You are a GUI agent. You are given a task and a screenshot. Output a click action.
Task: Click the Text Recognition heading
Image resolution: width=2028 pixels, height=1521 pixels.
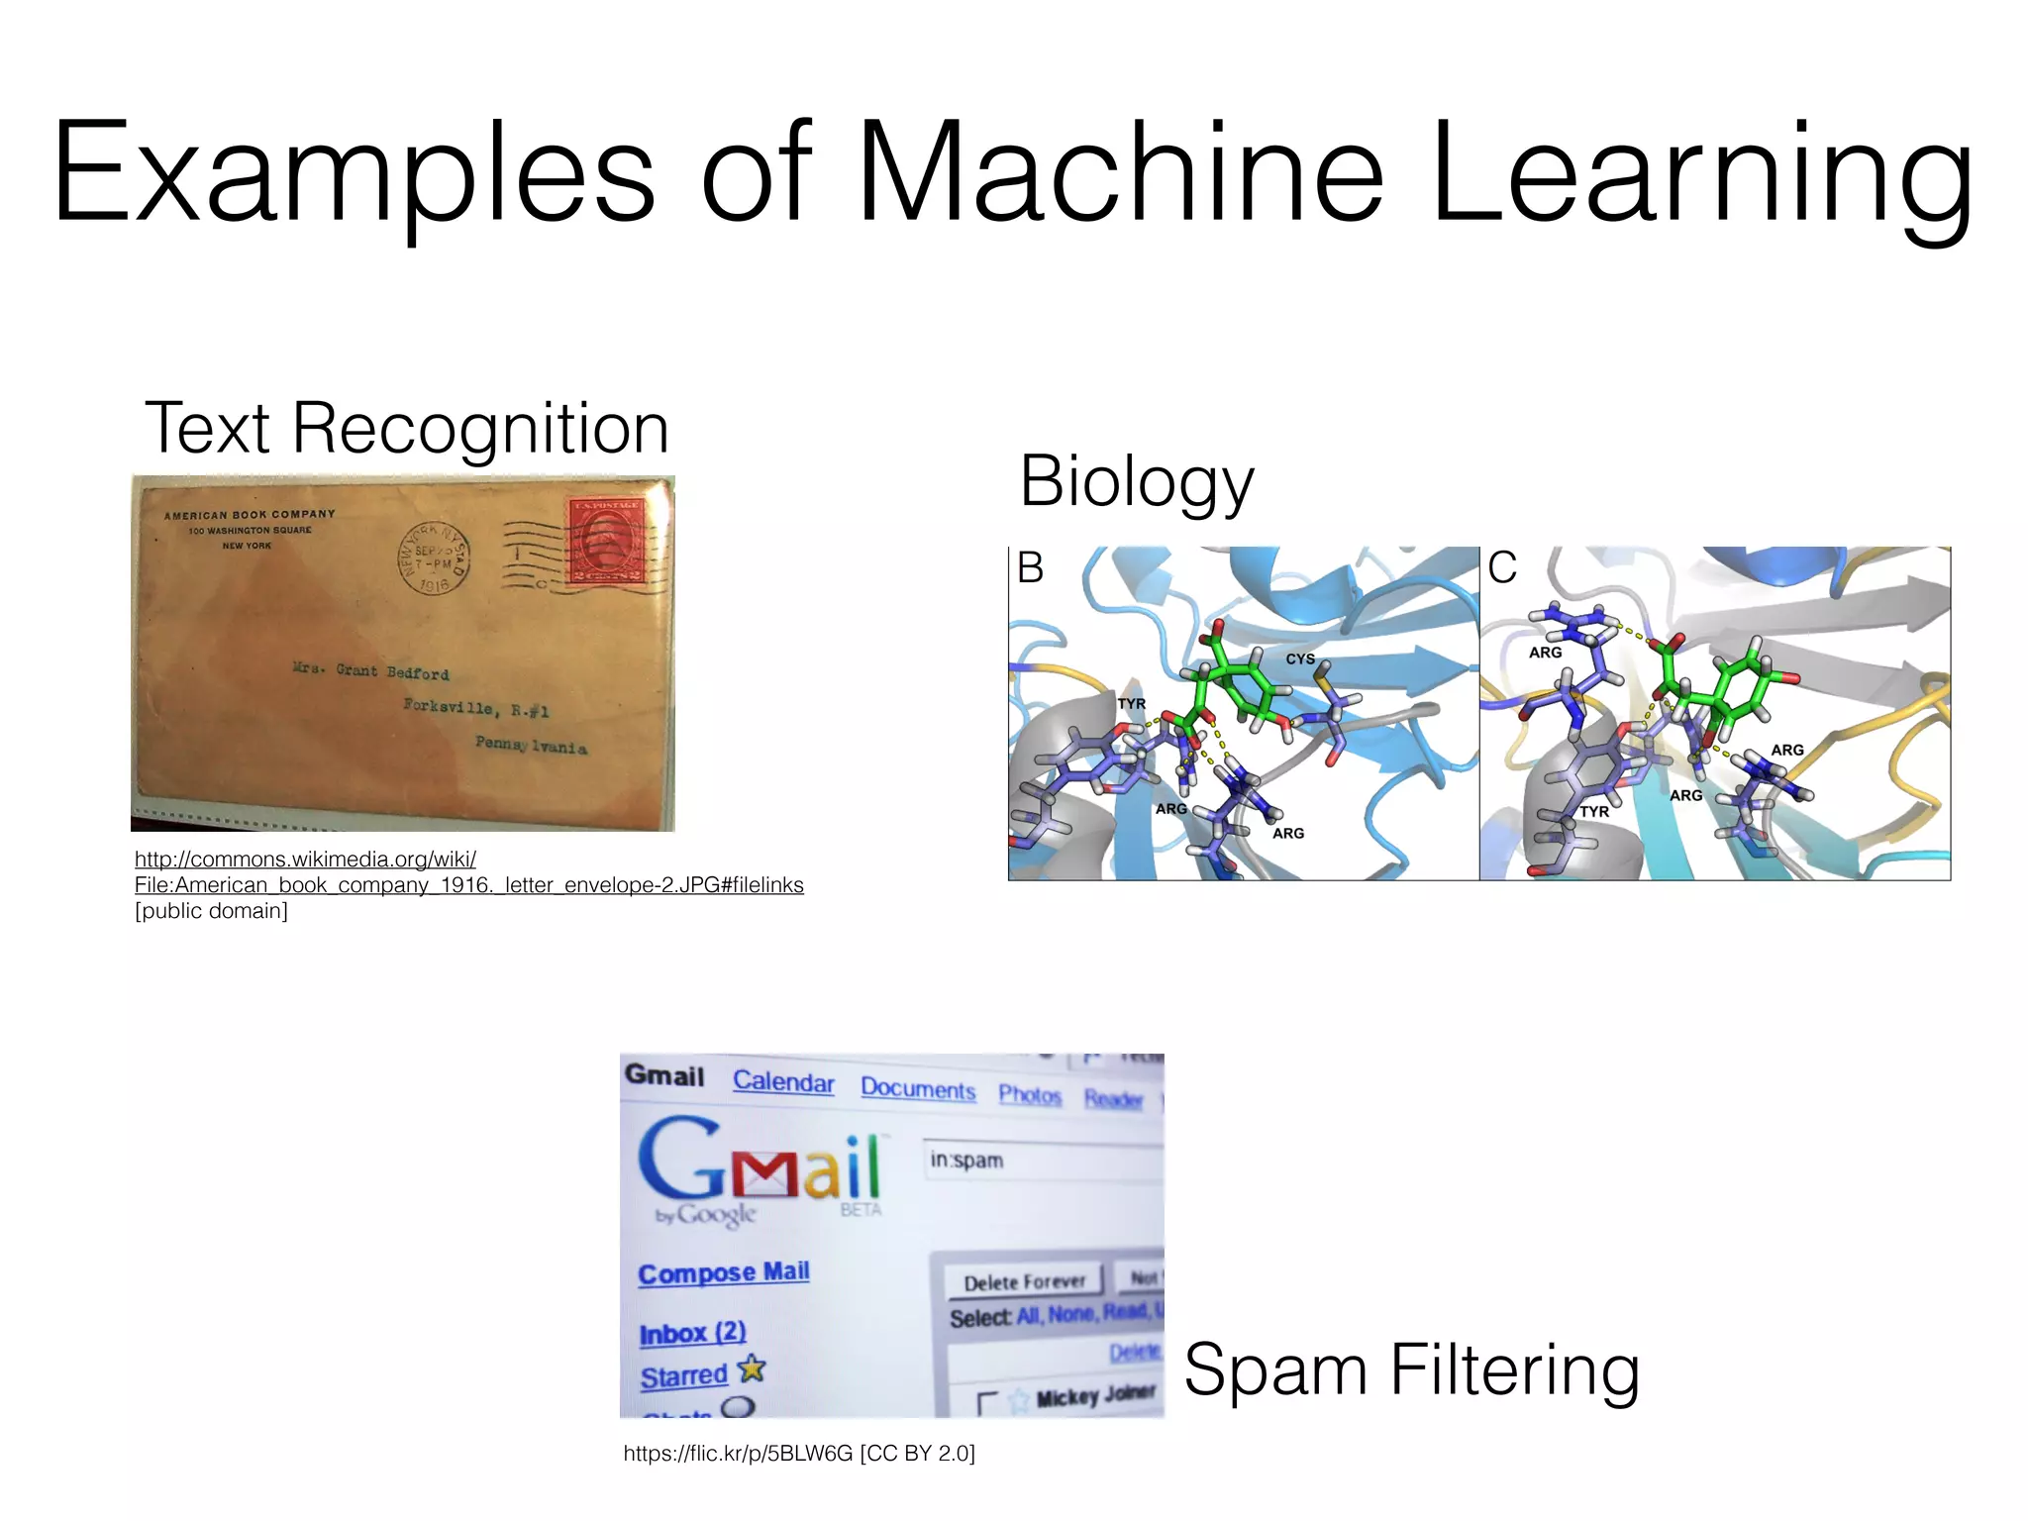(407, 429)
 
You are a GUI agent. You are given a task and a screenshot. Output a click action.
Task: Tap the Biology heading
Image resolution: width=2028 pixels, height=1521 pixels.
(1137, 482)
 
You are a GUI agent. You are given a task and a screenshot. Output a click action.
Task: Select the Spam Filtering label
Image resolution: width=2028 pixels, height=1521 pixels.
(1411, 1370)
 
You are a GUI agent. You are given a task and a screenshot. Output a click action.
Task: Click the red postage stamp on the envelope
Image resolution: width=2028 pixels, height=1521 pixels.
(606, 542)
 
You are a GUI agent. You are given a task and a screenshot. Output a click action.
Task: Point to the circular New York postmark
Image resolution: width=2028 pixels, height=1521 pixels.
(434, 558)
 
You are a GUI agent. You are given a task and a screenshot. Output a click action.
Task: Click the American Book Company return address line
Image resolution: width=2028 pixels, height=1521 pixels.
(250, 515)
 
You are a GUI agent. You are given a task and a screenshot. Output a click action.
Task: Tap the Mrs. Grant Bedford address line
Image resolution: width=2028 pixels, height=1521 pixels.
(371, 671)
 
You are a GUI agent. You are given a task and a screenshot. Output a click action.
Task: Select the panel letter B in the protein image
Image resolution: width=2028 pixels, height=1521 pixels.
(1031, 568)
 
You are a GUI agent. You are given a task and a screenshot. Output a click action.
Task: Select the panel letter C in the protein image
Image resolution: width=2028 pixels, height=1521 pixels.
(1502, 568)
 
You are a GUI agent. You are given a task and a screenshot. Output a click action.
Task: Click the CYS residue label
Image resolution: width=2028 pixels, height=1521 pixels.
(1300, 659)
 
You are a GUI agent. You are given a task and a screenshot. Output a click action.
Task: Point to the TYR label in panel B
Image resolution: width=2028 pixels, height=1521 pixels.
(1132, 704)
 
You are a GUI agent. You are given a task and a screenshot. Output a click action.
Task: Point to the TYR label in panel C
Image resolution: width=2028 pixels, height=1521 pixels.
(1594, 812)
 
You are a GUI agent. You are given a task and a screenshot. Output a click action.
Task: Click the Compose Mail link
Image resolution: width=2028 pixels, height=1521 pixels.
(724, 1272)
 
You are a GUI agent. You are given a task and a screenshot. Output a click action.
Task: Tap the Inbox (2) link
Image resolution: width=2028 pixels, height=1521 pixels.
(692, 1333)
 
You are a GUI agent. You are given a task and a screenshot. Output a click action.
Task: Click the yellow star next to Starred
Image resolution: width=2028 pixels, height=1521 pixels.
(753, 1369)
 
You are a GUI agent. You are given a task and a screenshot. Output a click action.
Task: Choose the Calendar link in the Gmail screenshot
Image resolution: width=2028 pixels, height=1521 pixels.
(783, 1081)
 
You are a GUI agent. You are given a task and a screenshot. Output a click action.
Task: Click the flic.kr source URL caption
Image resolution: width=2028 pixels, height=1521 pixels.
(799, 1454)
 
